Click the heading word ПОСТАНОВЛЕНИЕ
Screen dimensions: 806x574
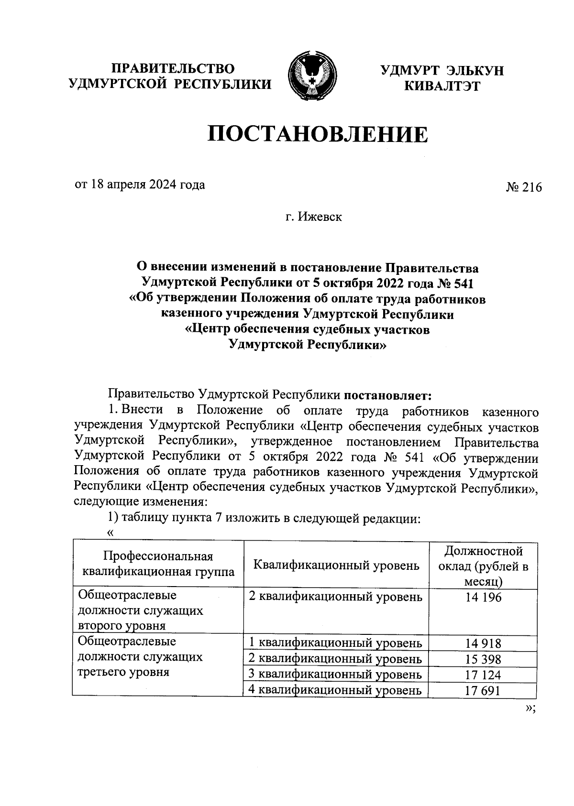pos(318,134)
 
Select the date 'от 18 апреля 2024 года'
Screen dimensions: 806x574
pos(140,185)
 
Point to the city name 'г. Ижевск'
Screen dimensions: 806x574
pos(314,217)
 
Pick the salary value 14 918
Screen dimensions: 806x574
pos(483,643)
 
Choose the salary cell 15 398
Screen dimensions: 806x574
pos(483,659)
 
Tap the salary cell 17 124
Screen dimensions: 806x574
pos(483,675)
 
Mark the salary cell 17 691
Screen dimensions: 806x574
pos(483,691)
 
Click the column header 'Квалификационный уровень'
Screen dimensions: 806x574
pos(336,566)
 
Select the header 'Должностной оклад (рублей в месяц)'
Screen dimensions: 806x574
pos(483,566)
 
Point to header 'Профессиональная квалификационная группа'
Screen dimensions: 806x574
pos(158,565)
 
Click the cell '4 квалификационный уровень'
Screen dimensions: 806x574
pos(336,690)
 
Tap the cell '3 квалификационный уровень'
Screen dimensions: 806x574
pos(336,675)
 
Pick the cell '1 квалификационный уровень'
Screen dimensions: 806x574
pos(336,643)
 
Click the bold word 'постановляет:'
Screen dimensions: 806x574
pos(388,395)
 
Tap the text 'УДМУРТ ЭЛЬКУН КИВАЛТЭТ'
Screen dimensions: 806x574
pos(442,78)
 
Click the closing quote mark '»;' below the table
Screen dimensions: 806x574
pos(530,708)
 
